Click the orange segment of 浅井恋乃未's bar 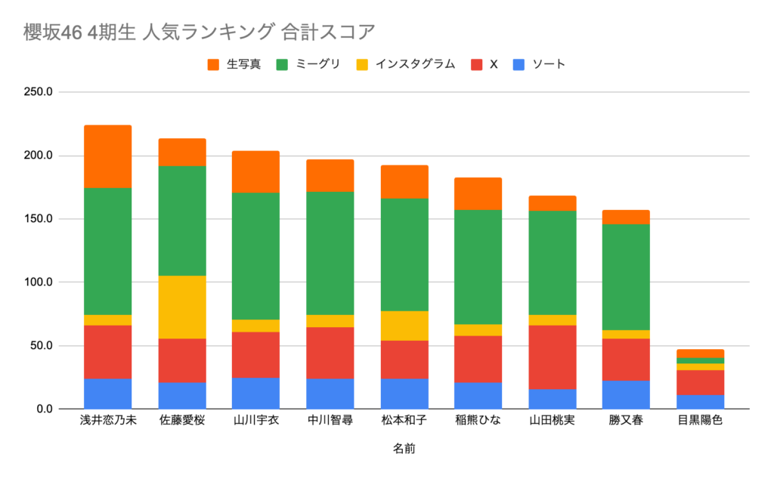click(107, 156)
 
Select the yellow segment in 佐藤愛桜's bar click(182, 307)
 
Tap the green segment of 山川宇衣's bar click(256, 256)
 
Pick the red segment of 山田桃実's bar click(552, 357)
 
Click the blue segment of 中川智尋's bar click(330, 394)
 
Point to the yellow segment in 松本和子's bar click(404, 326)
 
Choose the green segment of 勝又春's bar click(626, 277)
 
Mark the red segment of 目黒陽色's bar click(700, 382)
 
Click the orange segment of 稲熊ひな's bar click(478, 193)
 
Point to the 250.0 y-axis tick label click(38, 92)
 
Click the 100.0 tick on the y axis click(38, 283)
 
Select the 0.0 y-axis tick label click(42, 409)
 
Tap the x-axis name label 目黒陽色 click(700, 420)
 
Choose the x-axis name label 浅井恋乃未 click(107, 420)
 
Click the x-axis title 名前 click(404, 449)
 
